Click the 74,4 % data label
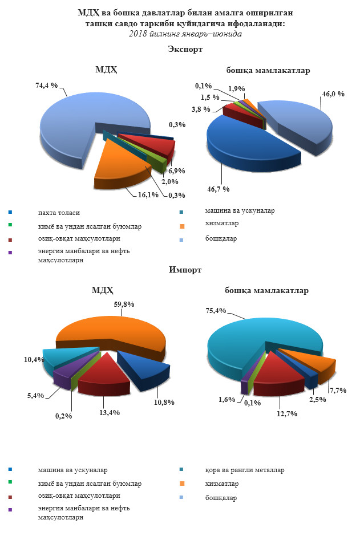pos(47,85)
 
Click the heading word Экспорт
pos(185,50)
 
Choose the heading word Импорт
pos(185,270)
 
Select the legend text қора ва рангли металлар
pos(245,470)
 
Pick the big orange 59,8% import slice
pos(114,331)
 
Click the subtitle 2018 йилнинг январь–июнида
pos(185,34)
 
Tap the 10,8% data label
pos(163,402)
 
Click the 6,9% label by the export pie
pos(177,170)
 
